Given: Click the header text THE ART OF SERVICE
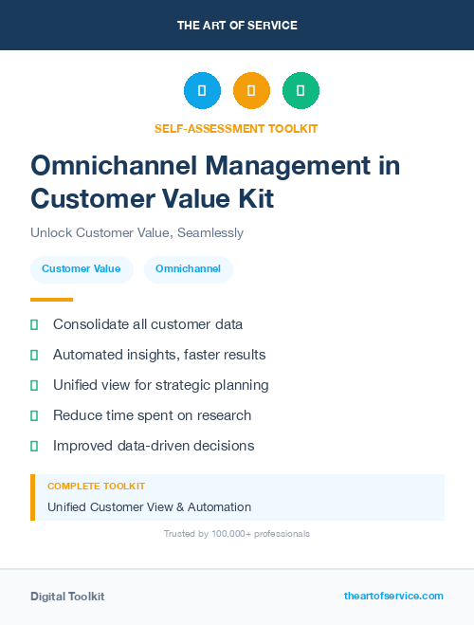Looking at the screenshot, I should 237,26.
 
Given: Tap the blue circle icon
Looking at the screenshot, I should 202,91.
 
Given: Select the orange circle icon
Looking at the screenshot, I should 251,91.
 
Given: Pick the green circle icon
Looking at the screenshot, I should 301,91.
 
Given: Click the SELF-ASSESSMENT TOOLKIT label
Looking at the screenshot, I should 236,128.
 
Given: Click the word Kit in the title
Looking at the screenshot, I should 250,198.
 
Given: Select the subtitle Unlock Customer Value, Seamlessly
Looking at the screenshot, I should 137,232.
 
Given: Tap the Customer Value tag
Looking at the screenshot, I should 81,269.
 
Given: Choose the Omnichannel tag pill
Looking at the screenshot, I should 188,269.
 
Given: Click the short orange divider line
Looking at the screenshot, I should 51,300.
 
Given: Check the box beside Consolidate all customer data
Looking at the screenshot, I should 34,325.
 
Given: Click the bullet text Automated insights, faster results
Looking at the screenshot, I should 159,355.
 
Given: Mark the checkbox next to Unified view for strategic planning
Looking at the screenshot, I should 34,385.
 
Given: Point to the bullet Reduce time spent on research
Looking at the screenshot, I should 153,415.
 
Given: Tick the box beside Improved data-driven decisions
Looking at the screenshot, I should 34,446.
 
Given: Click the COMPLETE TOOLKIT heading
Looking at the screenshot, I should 96,487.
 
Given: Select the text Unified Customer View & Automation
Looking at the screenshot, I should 149,507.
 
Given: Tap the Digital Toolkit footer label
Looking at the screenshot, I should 67,597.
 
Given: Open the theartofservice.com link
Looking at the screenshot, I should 393,596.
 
